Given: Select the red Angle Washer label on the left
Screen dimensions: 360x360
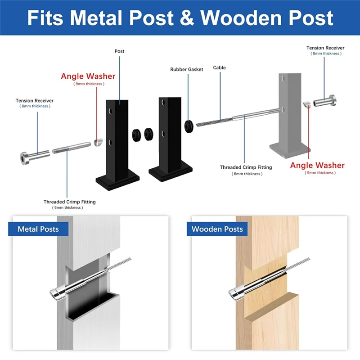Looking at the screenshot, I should point(88,76).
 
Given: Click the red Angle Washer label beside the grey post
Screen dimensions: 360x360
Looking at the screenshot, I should point(317,166).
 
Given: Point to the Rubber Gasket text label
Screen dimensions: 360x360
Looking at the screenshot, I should point(187,69).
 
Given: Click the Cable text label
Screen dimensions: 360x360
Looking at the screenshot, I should point(220,67).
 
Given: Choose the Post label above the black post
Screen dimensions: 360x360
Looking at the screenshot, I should point(119,51).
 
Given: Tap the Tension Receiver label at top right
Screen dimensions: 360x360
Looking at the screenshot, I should point(325,48).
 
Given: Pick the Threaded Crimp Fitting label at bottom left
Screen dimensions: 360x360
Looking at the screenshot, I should point(70,202).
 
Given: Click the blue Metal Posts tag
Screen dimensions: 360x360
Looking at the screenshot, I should point(38,229).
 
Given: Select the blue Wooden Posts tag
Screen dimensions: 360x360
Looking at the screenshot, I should point(217,229).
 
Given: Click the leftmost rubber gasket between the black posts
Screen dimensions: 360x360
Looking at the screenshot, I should point(135,134).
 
